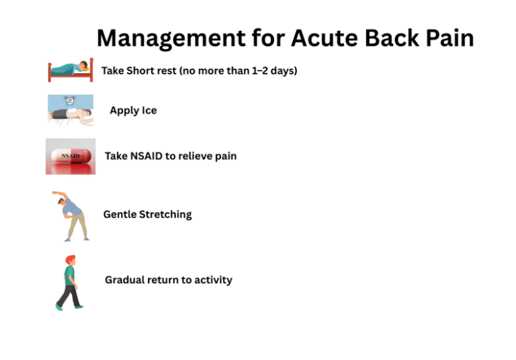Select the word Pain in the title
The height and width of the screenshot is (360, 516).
(447, 38)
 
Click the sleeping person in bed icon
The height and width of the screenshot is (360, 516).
(71, 70)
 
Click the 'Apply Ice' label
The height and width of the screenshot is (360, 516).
(133, 110)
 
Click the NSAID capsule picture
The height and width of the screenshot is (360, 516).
(71, 156)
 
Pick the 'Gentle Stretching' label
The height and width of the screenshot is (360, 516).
(147, 214)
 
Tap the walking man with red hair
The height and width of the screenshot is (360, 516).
(69, 282)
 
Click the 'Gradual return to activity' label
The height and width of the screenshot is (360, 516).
(168, 279)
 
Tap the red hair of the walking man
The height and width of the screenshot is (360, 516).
(69, 259)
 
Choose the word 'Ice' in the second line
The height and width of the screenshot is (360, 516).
(148, 110)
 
